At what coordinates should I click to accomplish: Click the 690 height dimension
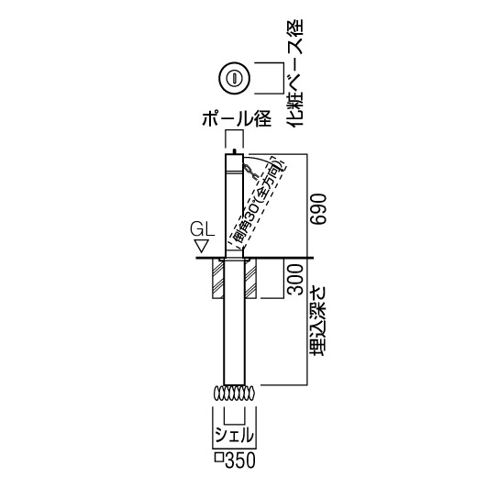coord(318,209)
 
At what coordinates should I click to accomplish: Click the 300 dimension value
coord(294,279)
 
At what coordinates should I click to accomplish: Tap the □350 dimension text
coord(235,460)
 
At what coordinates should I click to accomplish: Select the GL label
coord(203,230)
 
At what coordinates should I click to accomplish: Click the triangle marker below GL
coord(202,247)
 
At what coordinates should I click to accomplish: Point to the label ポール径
coord(237,118)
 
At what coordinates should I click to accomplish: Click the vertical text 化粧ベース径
coord(295,73)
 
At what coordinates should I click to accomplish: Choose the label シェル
coord(235,435)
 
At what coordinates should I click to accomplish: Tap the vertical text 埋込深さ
coord(318,320)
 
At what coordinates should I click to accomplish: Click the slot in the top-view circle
coord(234,78)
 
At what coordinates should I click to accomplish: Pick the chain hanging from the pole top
coord(250,173)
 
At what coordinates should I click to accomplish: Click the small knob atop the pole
coord(234,151)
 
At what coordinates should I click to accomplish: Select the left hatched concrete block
coord(218,279)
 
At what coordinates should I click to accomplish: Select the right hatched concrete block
coord(250,279)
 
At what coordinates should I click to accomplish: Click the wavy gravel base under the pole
coord(235,394)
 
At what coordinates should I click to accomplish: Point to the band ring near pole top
coord(234,172)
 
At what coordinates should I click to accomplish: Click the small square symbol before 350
coord(219,458)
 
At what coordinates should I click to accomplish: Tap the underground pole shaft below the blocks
coord(234,341)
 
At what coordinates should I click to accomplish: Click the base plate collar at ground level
coord(234,261)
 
